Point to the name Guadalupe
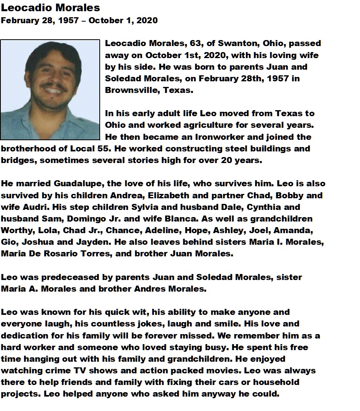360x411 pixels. pos(74,184)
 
